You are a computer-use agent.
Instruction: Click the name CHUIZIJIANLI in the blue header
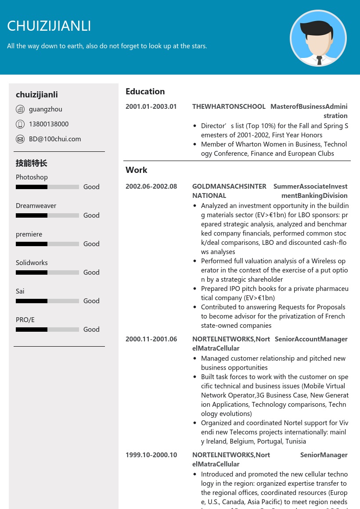[49, 26]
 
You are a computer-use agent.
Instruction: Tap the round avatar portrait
[318, 39]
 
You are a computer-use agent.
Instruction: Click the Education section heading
[145, 91]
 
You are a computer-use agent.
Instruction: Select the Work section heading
[136, 170]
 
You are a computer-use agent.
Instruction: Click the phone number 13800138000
[49, 124]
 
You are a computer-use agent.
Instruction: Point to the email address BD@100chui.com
[55, 139]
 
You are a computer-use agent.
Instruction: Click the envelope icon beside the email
[20, 139]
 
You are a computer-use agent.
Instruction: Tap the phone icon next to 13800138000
[20, 124]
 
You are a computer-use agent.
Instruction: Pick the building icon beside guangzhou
[20, 109]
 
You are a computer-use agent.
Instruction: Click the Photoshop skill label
[32, 177]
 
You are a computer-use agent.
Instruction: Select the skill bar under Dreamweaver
[47, 215]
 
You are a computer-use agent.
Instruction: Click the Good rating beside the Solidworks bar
[91, 272]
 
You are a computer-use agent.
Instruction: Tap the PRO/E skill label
[25, 320]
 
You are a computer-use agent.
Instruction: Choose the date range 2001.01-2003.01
[151, 107]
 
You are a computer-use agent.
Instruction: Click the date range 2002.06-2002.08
[151, 186]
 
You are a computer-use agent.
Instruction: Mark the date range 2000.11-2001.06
[151, 339]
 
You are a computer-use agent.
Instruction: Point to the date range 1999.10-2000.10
[151, 455]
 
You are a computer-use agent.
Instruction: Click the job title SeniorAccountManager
[311, 339]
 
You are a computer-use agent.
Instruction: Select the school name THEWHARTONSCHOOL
[229, 107]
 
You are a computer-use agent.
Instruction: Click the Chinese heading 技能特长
[31, 163]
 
